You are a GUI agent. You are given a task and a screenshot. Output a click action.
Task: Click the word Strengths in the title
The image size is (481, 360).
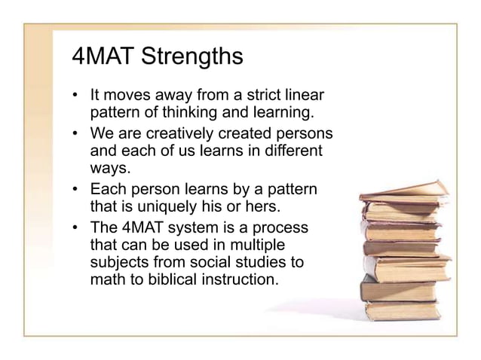pyautogui.click(x=192, y=58)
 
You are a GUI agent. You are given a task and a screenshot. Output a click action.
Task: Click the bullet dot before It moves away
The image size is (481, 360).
pyautogui.click(x=75, y=98)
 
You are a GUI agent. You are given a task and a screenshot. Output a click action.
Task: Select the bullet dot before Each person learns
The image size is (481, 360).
pyautogui.click(x=75, y=187)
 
